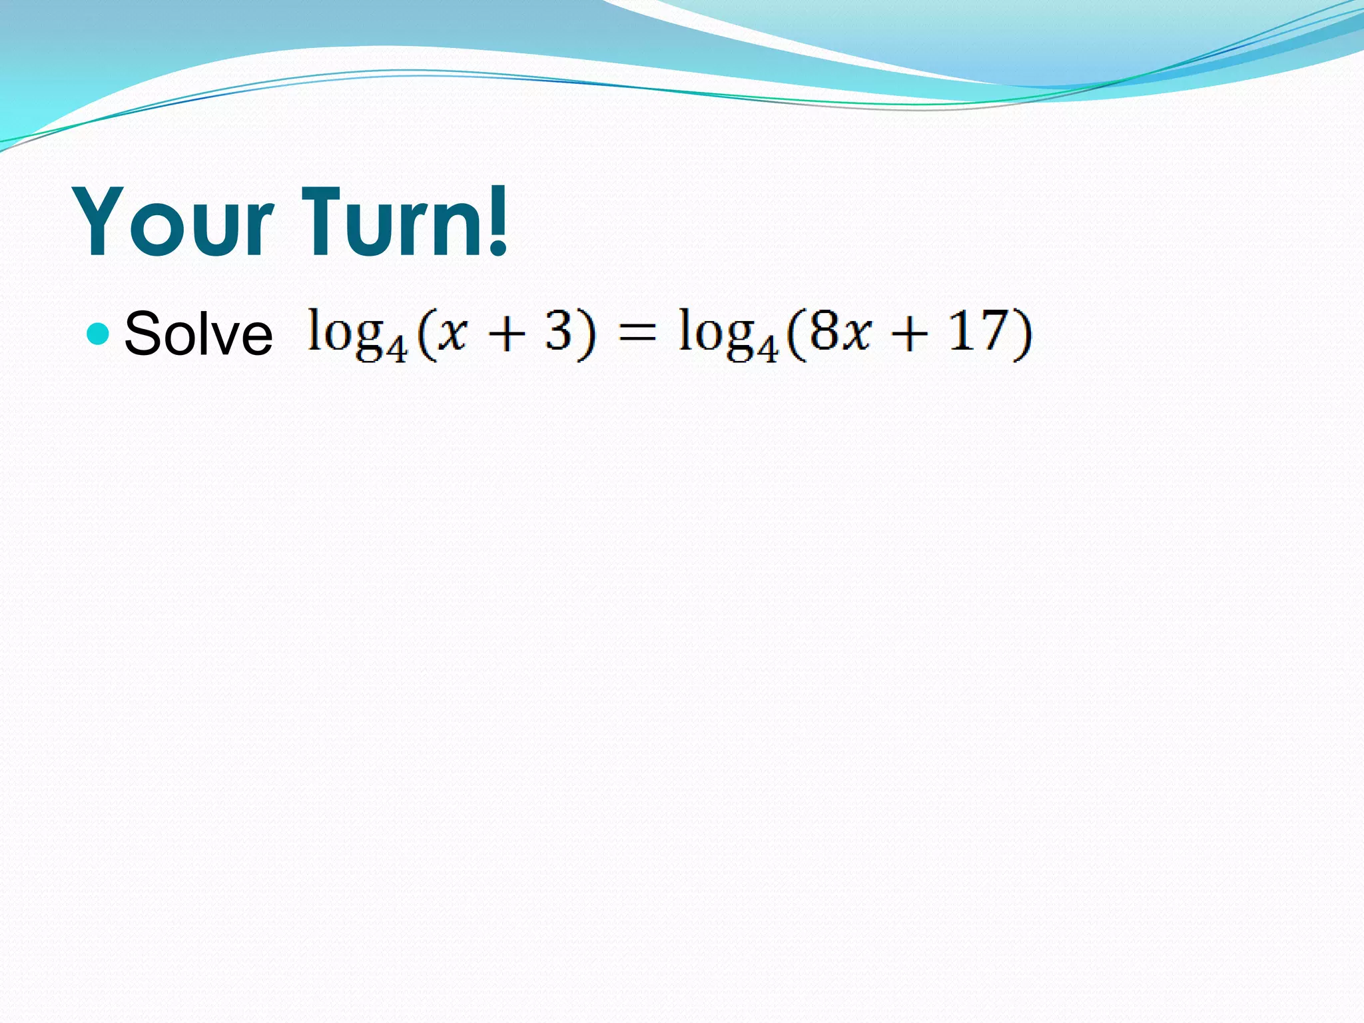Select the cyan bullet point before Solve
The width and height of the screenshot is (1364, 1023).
click(x=98, y=333)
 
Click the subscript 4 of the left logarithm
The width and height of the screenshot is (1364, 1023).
click(x=398, y=348)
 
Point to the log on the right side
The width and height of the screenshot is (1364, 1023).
click(x=716, y=333)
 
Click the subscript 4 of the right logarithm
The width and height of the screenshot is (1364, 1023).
click(x=768, y=348)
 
